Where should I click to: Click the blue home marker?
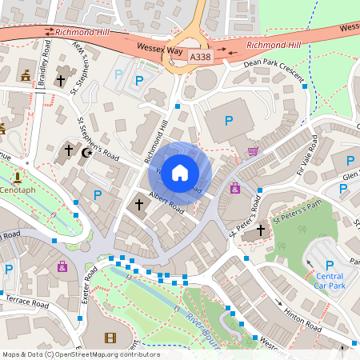[180, 171]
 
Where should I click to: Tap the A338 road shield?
[202, 58]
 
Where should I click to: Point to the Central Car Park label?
[324, 281]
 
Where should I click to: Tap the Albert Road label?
[166, 203]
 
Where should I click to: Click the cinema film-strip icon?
[110, 339]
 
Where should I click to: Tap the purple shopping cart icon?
[254, 150]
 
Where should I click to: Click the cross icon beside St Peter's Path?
[260, 231]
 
